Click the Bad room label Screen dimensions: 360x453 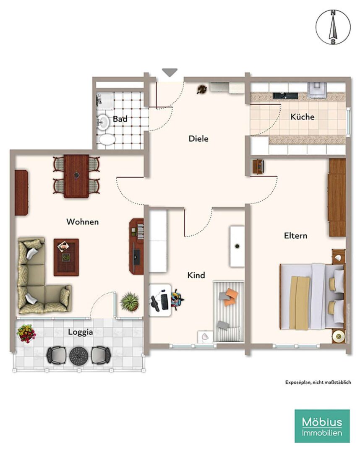point(120,119)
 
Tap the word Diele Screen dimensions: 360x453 point(198,139)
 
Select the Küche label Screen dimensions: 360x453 point(303,117)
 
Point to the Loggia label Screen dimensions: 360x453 point(80,332)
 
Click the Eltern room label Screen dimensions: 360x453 point(295,236)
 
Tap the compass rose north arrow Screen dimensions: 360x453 point(333,27)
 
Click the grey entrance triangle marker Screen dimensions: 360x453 point(170,72)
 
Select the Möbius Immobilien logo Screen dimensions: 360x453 point(322,426)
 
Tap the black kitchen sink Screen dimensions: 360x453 point(285,95)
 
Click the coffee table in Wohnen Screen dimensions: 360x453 point(66,257)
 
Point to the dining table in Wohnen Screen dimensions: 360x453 point(76,176)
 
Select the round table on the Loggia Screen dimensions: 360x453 point(79,356)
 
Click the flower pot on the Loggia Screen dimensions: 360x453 point(26,333)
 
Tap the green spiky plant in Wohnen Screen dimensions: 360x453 point(130,302)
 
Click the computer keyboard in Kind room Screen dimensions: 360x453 point(165,301)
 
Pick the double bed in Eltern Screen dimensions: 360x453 point(312,296)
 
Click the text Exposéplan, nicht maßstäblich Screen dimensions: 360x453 point(318,382)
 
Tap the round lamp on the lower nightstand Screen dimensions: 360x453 point(338,336)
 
